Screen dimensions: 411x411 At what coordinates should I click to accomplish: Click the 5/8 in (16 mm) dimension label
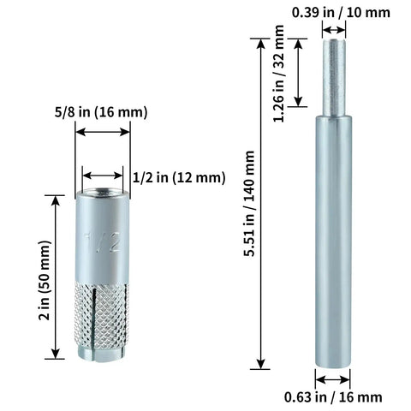coord(101,112)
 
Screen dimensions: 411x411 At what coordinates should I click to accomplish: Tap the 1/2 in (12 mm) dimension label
coord(179,177)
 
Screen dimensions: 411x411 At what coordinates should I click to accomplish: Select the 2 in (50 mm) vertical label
coord(45,281)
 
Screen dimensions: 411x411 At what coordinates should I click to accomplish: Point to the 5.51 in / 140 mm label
coord(249,204)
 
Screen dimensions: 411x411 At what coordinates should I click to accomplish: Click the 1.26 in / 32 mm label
coord(279,74)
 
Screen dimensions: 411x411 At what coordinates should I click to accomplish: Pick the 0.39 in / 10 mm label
coord(341,13)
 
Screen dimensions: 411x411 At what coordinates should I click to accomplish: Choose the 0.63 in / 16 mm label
coord(333,397)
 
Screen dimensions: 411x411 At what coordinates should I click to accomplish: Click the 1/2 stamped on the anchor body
coord(102,242)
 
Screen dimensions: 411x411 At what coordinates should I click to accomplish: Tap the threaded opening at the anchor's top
coord(103,192)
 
